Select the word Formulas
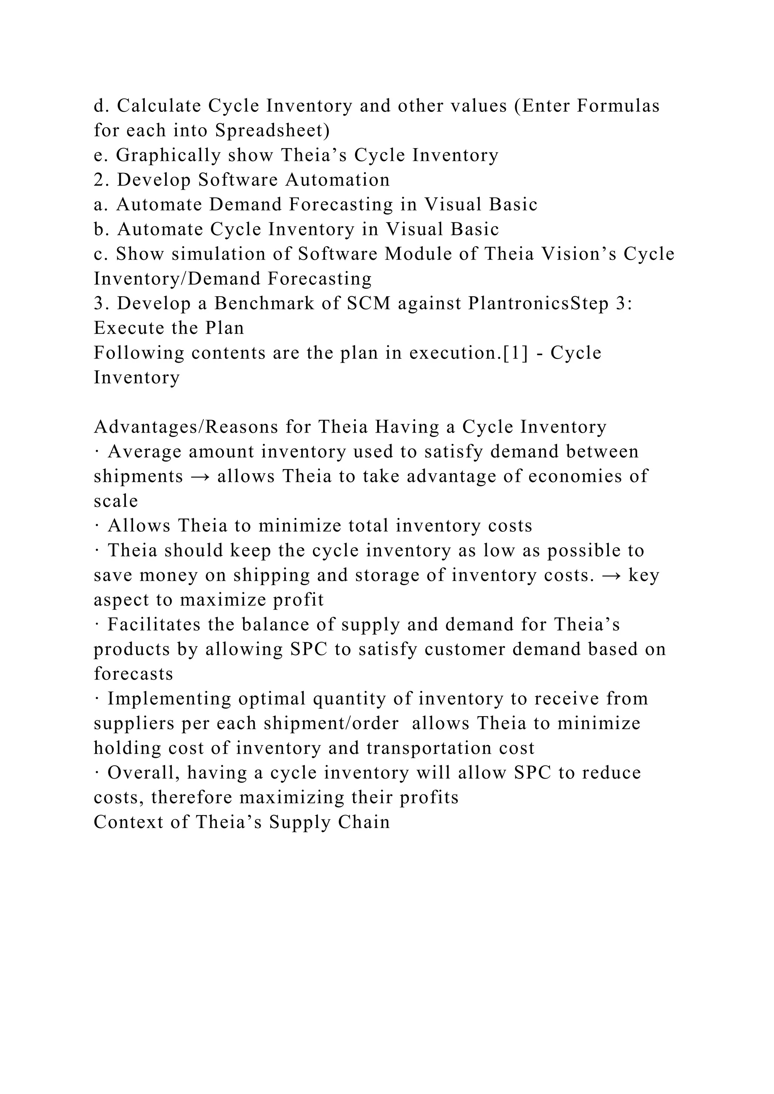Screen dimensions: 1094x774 tap(618, 106)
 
